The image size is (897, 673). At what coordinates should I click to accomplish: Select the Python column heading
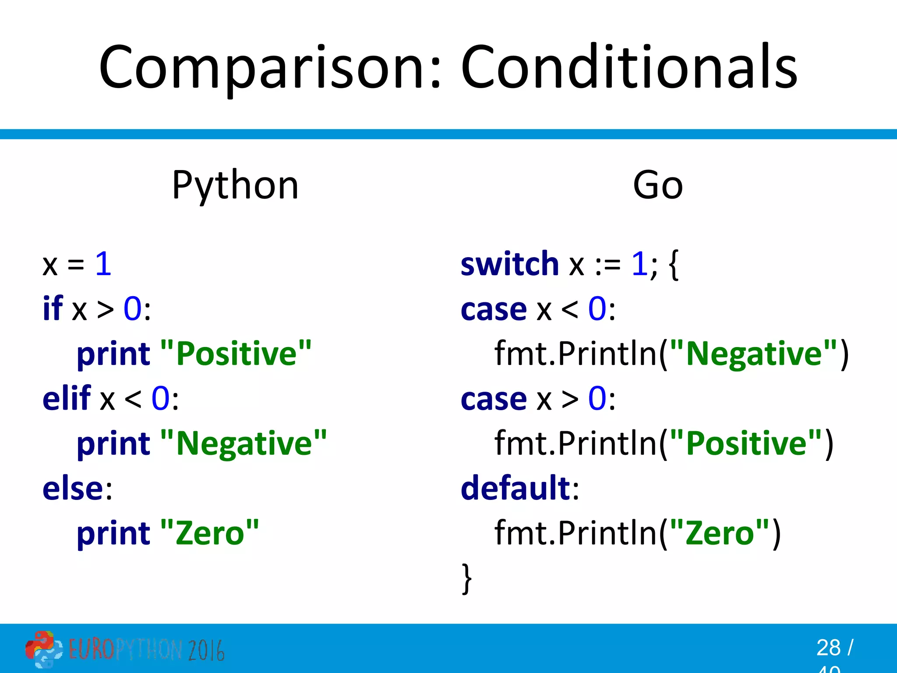(235, 185)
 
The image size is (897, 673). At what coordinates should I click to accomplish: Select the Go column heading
(657, 185)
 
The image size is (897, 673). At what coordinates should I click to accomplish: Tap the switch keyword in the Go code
(509, 264)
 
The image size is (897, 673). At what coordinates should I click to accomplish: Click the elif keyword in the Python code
(67, 398)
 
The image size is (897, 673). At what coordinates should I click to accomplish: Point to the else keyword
(72, 488)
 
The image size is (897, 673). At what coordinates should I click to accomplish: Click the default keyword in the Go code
(515, 488)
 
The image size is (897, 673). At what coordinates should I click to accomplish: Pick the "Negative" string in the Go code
(753, 354)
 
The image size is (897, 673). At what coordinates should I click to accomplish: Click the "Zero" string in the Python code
(210, 533)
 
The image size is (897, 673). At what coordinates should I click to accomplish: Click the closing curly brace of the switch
(467, 579)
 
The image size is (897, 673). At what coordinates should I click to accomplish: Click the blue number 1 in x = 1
(103, 264)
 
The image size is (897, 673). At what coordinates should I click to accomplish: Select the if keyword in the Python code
(53, 309)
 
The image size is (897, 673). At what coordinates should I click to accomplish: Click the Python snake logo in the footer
(43, 649)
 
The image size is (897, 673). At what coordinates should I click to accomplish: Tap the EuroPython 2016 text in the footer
(146, 650)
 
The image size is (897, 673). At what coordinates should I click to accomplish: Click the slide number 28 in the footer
(828, 648)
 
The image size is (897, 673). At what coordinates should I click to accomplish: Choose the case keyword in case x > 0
(493, 398)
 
